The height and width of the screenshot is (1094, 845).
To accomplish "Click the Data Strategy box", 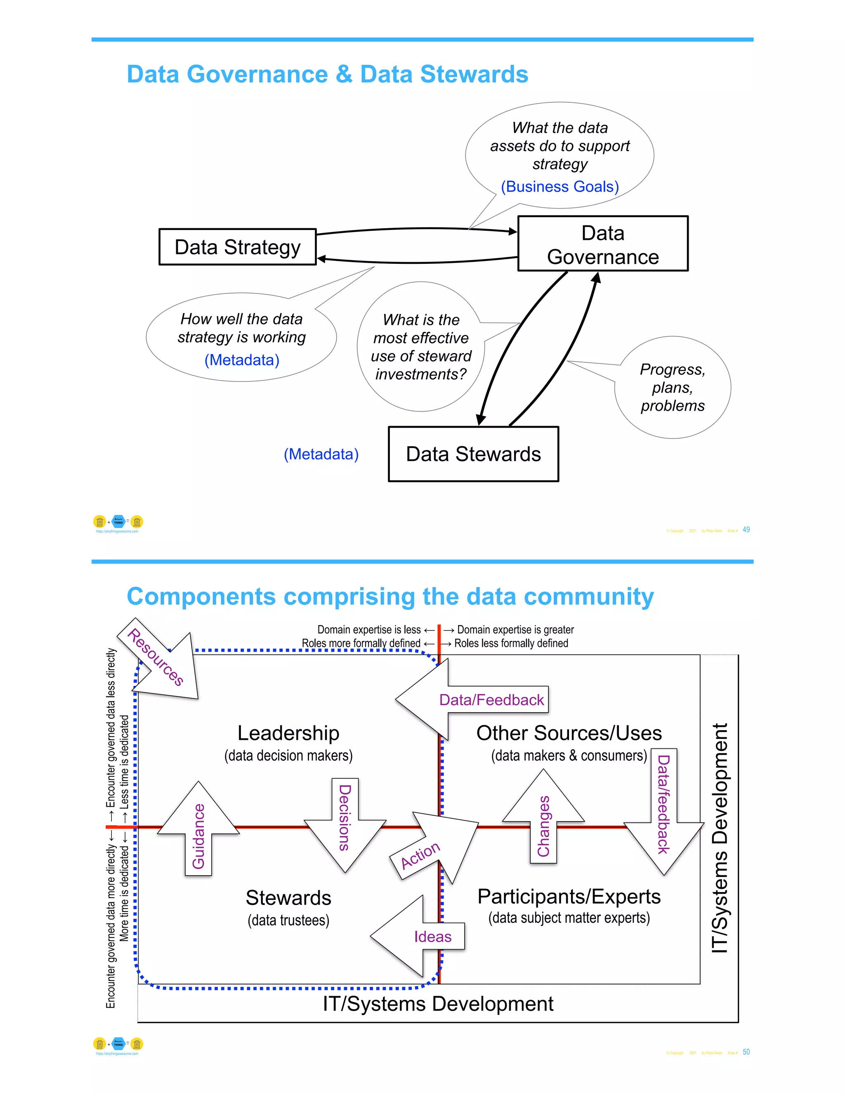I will (x=237, y=247).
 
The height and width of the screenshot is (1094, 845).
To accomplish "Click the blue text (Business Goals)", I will (x=559, y=187).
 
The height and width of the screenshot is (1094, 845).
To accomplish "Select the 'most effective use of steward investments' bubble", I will (x=420, y=347).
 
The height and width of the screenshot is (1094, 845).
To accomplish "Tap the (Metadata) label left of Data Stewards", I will (x=321, y=455).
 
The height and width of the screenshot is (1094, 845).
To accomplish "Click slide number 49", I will (x=746, y=530).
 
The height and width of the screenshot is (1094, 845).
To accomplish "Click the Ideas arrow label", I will (x=432, y=937).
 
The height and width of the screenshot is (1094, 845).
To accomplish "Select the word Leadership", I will (x=288, y=733).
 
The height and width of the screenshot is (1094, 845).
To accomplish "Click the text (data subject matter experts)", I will (x=569, y=918).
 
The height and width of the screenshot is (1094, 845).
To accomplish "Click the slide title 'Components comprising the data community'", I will (x=390, y=597).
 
